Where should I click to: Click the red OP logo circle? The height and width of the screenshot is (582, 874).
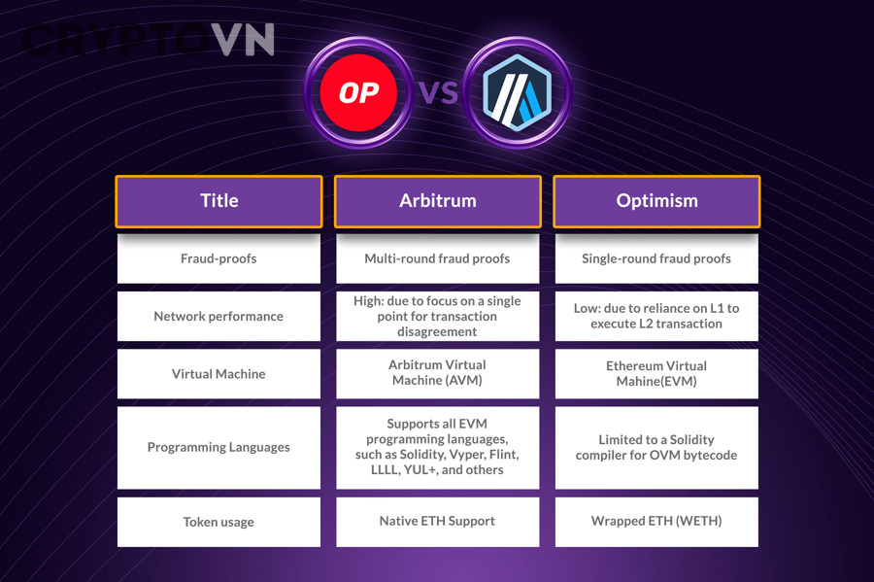(357, 93)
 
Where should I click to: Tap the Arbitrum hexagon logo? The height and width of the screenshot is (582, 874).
(517, 94)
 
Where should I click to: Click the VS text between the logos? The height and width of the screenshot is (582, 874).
(437, 94)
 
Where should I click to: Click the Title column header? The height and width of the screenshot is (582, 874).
(218, 201)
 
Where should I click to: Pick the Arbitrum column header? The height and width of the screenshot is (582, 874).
(437, 201)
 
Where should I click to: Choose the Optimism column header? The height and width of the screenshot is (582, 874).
(656, 201)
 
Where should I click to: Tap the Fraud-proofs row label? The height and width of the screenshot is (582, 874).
(218, 258)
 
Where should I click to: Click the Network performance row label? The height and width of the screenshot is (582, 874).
(218, 316)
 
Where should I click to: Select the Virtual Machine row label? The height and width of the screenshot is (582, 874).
(218, 374)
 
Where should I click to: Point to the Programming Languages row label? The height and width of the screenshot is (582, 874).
(218, 448)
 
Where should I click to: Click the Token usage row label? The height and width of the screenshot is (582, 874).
(218, 522)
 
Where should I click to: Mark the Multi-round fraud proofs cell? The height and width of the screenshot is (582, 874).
(437, 258)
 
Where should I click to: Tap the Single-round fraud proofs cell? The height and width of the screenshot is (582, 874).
(656, 258)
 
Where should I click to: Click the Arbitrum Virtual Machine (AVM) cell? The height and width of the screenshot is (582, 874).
(437, 373)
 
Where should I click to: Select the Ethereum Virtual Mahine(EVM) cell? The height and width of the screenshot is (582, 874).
(656, 374)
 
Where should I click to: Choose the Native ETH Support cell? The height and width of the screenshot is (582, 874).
(437, 522)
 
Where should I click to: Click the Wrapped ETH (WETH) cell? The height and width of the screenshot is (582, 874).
(656, 522)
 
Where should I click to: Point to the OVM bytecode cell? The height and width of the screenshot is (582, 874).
(656, 448)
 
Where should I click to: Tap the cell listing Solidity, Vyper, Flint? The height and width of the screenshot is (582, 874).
(437, 448)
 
